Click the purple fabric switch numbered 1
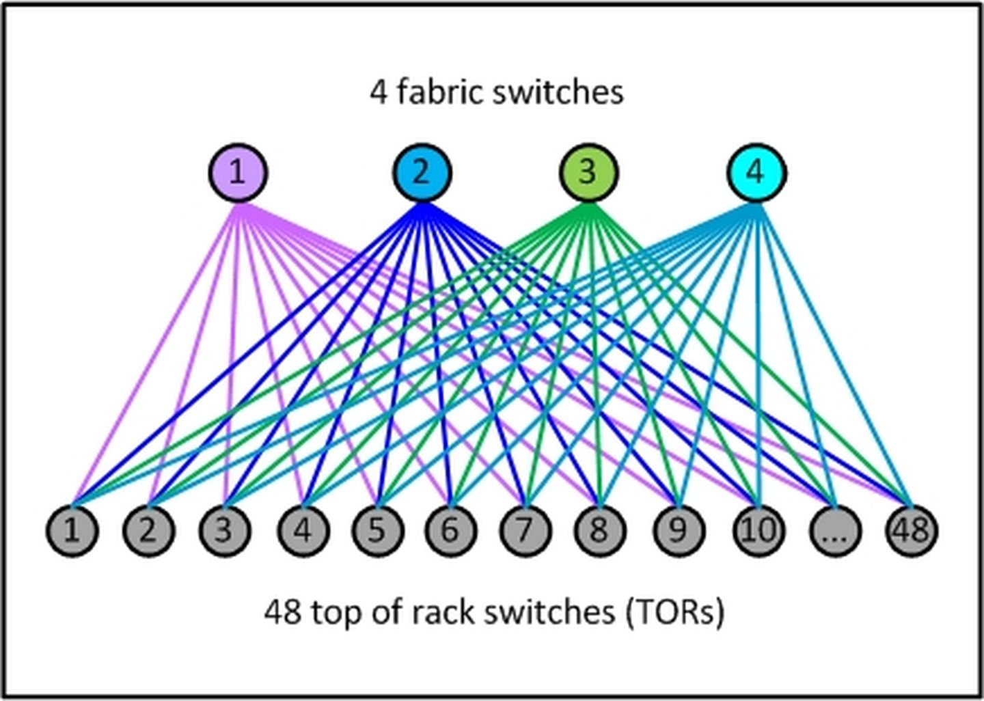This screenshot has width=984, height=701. click(238, 173)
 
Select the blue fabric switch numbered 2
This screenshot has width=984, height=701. click(422, 173)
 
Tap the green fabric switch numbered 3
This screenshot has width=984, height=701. click(588, 173)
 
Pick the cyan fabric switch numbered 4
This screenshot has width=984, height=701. click(756, 173)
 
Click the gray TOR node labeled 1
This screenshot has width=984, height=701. click(72, 531)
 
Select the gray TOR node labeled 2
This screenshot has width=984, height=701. click(148, 531)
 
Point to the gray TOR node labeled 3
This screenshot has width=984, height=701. click(225, 531)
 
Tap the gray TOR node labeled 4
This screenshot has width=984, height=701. click(303, 531)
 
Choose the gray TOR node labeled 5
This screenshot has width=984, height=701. click(377, 531)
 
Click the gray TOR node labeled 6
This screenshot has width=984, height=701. click(450, 531)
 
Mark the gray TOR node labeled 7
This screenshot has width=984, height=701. click(524, 531)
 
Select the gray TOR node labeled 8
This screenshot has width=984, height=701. click(599, 531)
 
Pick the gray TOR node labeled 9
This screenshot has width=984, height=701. click(678, 531)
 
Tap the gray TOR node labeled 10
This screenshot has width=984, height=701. click(758, 531)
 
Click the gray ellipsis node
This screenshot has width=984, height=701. click(834, 531)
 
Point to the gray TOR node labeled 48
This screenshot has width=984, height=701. click(912, 531)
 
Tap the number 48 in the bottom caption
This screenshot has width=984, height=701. click(282, 611)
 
